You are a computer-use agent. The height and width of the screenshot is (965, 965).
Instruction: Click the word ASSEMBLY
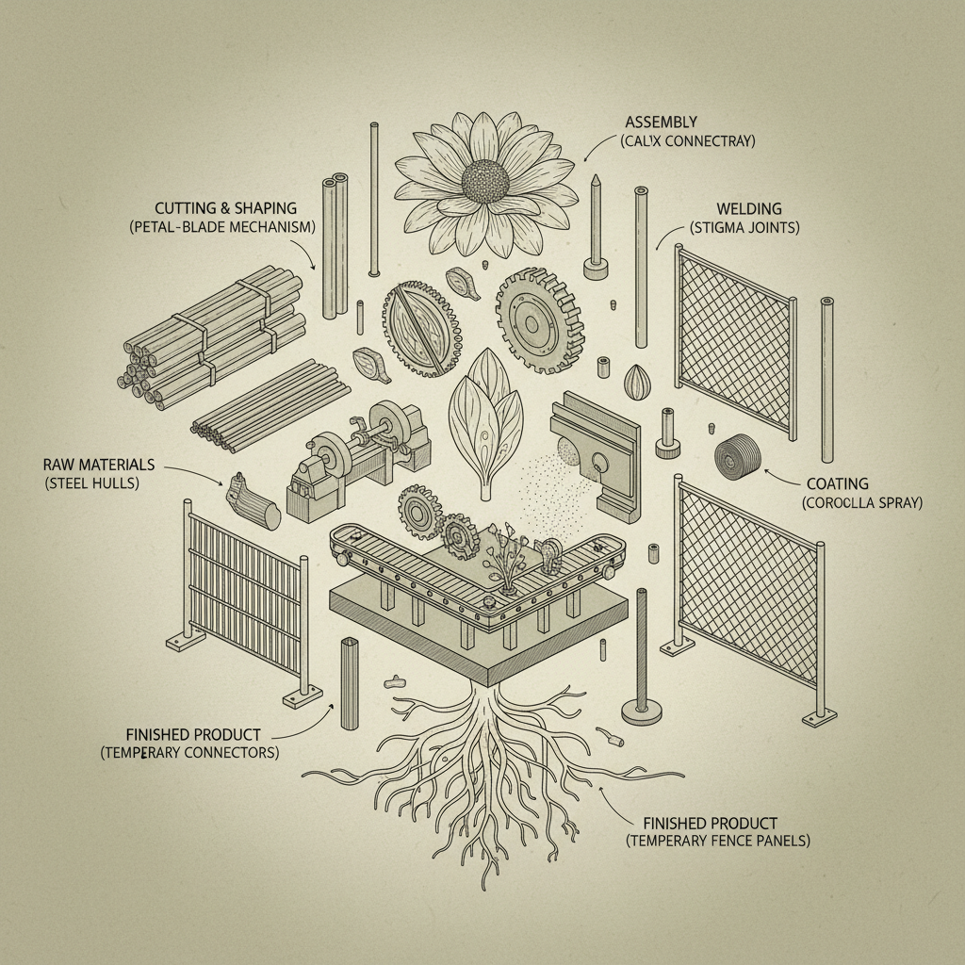(x=661, y=122)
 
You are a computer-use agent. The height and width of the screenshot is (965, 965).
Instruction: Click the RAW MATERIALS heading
(x=99, y=465)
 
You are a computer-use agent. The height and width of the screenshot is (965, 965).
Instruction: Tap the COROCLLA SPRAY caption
(x=861, y=503)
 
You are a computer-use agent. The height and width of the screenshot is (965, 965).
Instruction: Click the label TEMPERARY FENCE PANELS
(x=718, y=841)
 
